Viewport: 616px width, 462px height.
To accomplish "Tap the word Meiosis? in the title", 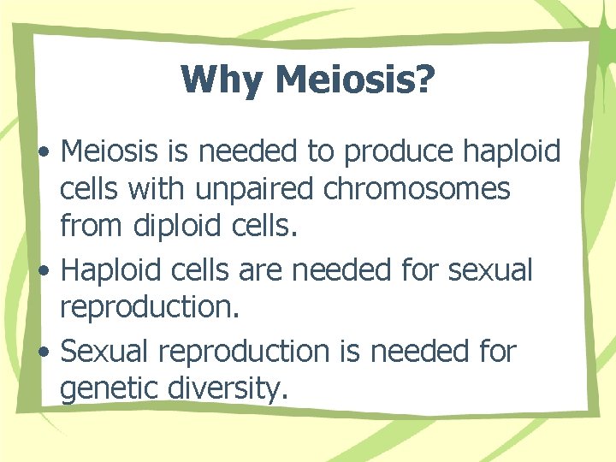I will point(357,80).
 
